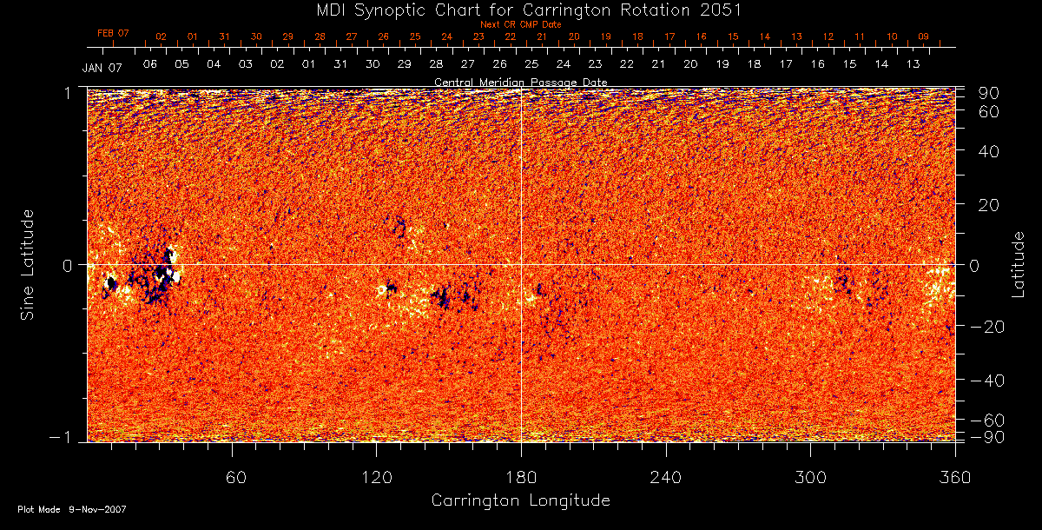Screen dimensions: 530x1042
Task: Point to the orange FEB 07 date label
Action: [113, 33]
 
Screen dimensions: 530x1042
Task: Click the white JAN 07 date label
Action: [102, 68]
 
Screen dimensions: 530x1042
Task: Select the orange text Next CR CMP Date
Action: [521, 24]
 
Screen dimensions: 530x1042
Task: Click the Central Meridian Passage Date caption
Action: [521, 82]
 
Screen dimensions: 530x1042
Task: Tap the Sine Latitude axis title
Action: [29, 264]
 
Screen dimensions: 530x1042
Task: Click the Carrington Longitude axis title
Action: [520, 501]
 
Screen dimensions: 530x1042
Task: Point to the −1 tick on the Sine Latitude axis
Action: [63, 438]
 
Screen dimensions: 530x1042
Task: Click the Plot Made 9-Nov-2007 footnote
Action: [72, 510]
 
